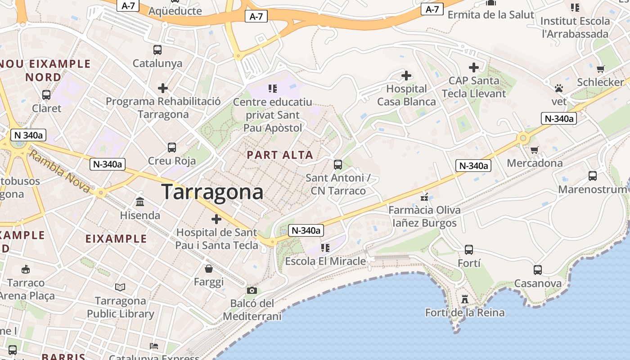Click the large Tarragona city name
(212, 192)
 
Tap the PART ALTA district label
(279, 155)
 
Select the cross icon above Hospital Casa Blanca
(406, 75)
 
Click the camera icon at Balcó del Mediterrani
(252, 290)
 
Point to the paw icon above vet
(559, 88)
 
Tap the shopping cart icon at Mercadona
(535, 150)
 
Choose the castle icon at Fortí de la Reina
(465, 299)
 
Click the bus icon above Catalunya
(157, 50)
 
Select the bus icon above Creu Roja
(172, 148)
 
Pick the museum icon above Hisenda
(140, 202)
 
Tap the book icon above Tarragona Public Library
(120, 287)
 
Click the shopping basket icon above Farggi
(209, 269)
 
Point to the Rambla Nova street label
(59, 171)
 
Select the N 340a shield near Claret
(28, 135)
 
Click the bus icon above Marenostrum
(592, 176)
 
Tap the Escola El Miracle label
(325, 261)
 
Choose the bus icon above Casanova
(537, 270)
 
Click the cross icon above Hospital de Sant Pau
(216, 219)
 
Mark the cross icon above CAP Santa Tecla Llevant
(473, 67)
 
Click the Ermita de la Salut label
(490, 15)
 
